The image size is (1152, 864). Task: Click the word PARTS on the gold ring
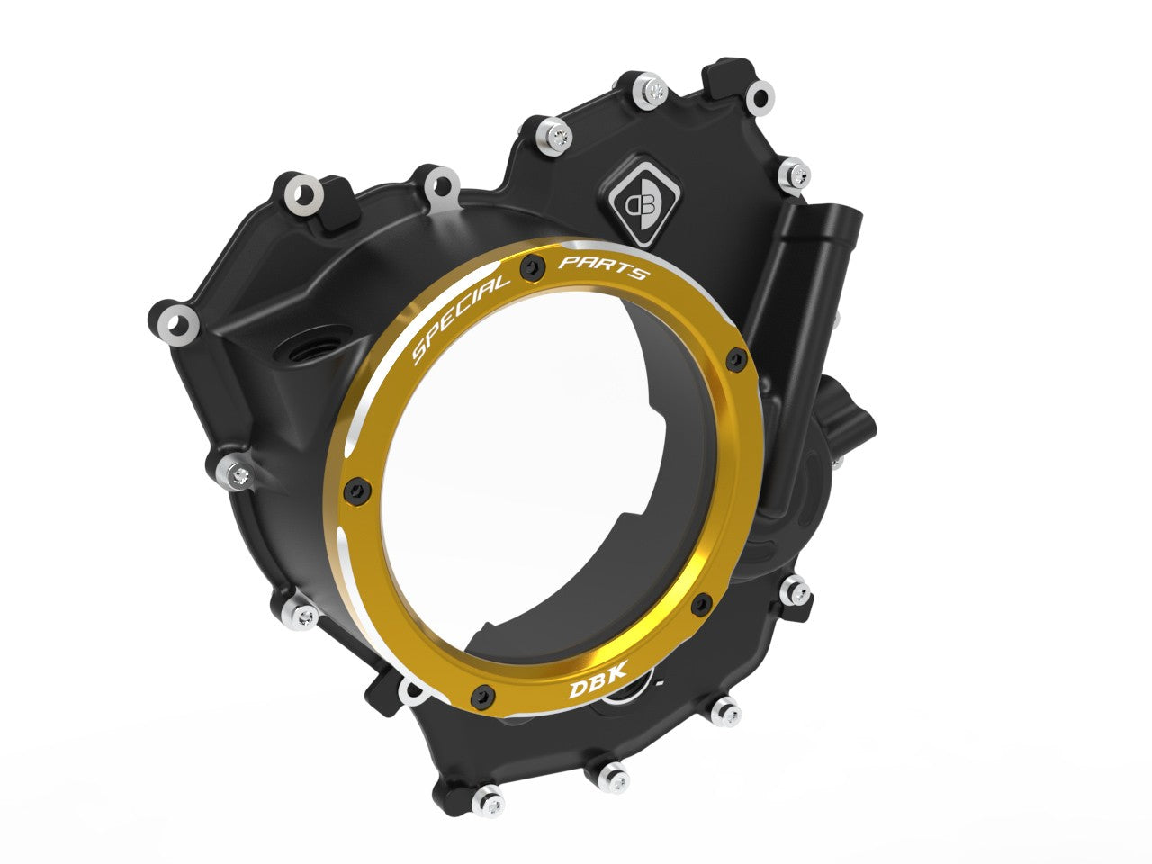click(603, 267)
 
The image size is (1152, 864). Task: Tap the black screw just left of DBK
click(486, 692)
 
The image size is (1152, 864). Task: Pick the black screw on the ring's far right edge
click(739, 360)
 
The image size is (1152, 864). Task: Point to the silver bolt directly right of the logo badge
click(793, 171)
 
